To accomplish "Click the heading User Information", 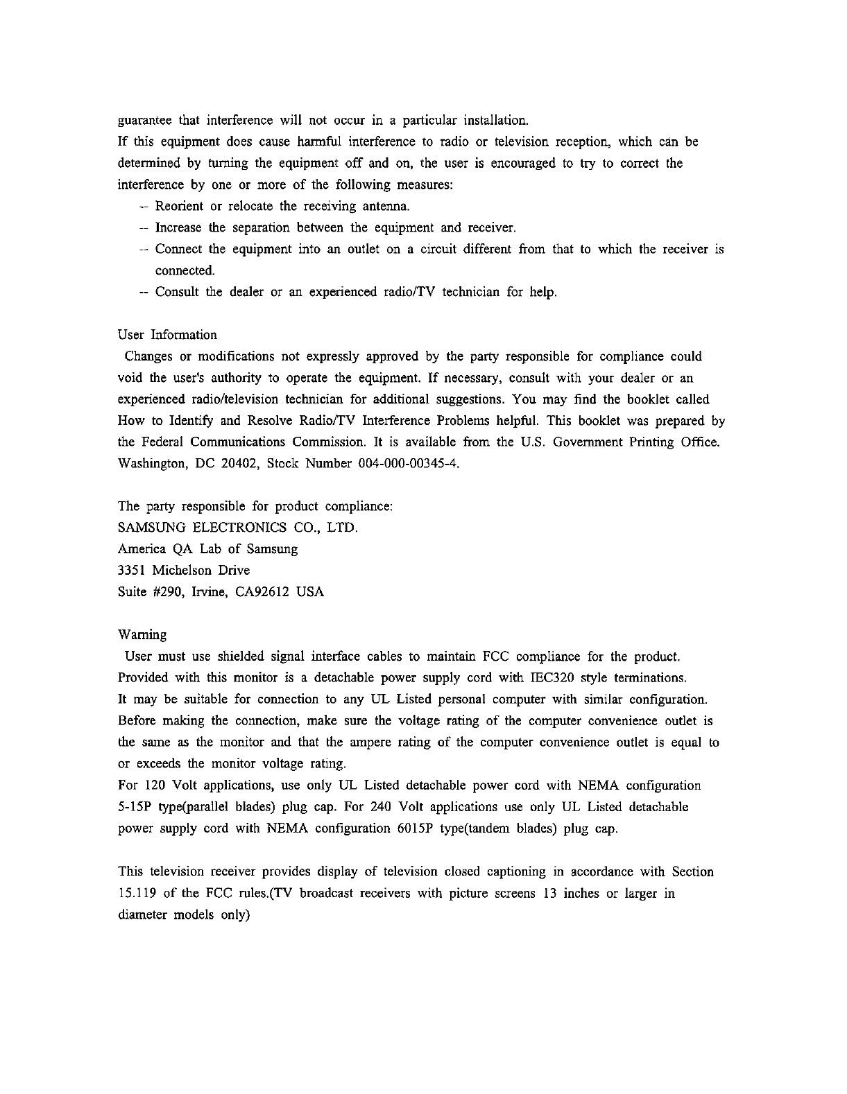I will coord(167,336).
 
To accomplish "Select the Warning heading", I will coord(143,635).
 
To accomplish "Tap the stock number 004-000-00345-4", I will coord(406,464).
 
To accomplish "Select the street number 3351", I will coord(132,571).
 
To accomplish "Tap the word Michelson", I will coord(184,571).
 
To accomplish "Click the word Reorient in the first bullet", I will coord(179,207).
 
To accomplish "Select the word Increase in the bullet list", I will coord(178,228).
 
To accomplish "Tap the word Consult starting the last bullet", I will coord(177,292).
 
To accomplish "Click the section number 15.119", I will coord(139,893).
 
